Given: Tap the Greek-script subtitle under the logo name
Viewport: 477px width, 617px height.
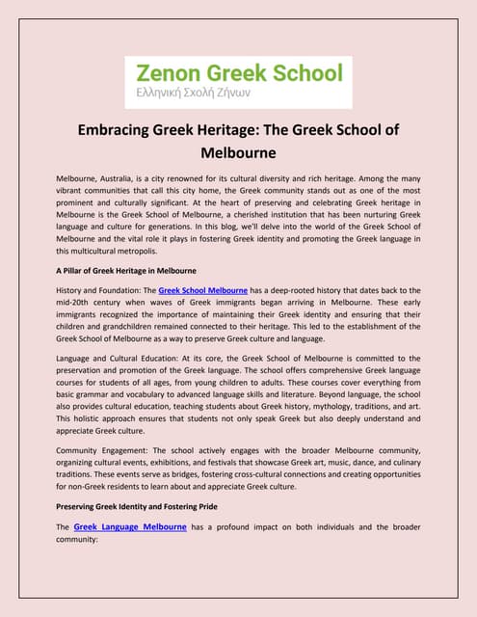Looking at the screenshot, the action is coord(205,95).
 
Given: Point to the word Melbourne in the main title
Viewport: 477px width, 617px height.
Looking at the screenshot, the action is coord(238,152).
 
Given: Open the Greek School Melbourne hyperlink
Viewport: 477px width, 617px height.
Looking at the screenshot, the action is coord(202,263).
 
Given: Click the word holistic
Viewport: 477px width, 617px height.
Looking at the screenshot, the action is coord(94,421).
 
